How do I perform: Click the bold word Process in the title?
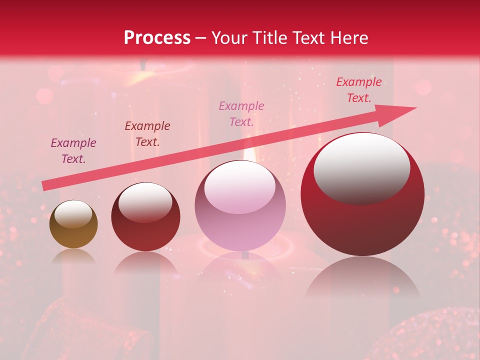pyautogui.click(x=157, y=38)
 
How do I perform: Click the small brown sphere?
pyautogui.click(x=73, y=224)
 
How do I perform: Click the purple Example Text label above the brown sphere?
pyautogui.click(x=73, y=151)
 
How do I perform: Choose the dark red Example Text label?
pyautogui.click(x=147, y=134)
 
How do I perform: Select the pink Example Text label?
pyautogui.click(x=241, y=114)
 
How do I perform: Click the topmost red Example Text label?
pyautogui.click(x=358, y=90)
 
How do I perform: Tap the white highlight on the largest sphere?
pyautogui.click(x=361, y=168)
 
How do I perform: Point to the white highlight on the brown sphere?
pyautogui.click(x=73, y=214)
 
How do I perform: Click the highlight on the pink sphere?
pyautogui.click(x=239, y=187)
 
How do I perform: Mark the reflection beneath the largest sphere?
pyautogui.click(x=362, y=277)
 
